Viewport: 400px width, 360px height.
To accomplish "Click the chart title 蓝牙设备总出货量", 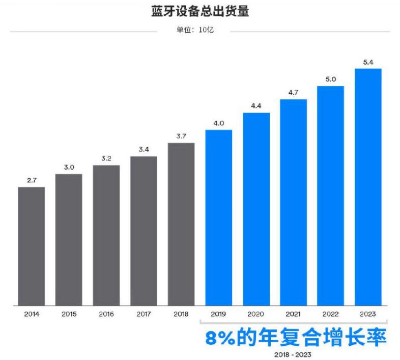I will coord(200,12).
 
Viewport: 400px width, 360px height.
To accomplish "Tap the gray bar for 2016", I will coord(106,235).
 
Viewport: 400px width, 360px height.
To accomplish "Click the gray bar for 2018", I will coord(181,224).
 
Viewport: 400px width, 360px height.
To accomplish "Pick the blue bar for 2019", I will coord(218,217).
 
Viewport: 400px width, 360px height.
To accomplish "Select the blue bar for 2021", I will coord(293,202).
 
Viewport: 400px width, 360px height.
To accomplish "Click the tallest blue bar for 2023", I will coord(368,187).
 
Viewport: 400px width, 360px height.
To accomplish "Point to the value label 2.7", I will coord(32,180).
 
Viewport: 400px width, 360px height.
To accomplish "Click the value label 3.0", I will coord(69,167).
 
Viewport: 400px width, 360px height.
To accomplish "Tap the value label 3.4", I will coord(144,149).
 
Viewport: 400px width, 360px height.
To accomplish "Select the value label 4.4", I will coord(256,105).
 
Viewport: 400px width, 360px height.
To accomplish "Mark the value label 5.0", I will coord(331,79).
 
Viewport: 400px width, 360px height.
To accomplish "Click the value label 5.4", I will coord(368,62).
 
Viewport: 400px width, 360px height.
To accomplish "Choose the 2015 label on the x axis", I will coord(69,314).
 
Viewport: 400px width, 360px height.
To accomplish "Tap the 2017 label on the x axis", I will coord(144,314).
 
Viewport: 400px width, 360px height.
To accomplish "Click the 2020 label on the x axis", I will coord(256,314).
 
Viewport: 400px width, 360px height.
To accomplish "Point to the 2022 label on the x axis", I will coord(331,314).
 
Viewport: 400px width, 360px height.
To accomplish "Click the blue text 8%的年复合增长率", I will coord(296,338).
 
